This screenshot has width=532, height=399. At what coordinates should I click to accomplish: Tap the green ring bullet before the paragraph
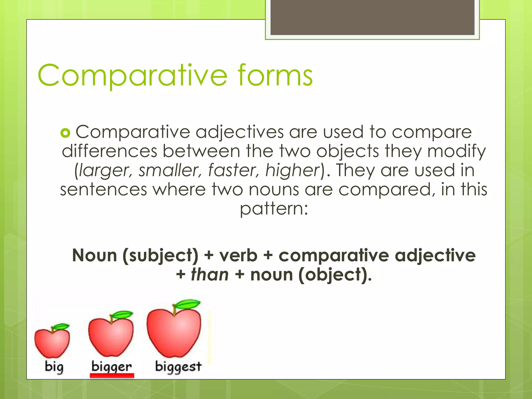65,133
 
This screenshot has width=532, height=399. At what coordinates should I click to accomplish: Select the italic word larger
105,170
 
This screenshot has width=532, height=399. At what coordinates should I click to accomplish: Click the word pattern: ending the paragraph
274,209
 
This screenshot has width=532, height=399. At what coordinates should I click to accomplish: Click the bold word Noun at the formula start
95,255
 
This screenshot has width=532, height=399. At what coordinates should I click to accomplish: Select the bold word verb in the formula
238,255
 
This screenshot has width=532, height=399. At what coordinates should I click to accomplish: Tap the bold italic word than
210,275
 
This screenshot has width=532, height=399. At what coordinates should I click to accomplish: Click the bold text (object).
335,275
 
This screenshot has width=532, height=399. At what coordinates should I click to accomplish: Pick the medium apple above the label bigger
111,336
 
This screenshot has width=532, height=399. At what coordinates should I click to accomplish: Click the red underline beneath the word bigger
112,375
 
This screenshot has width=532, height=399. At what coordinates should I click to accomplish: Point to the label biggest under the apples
178,367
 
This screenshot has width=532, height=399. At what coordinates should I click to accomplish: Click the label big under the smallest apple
54,367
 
